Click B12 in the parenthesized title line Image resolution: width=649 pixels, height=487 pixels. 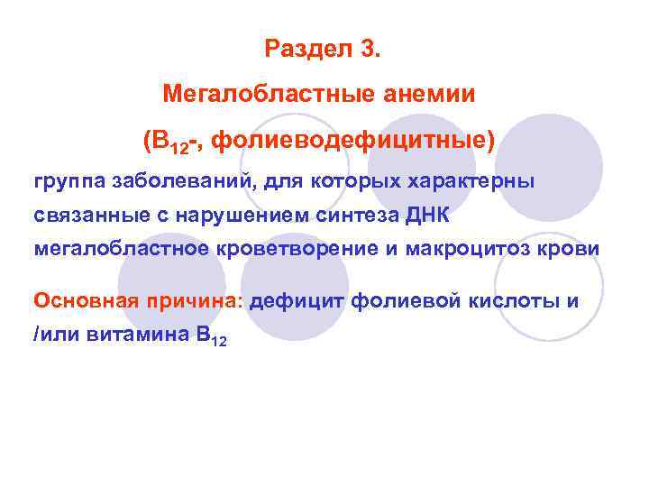pyautogui.click(x=169, y=142)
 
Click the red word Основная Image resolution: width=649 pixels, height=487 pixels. pyautogui.click(x=83, y=300)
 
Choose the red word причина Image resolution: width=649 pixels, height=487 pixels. pyautogui.click(x=192, y=300)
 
